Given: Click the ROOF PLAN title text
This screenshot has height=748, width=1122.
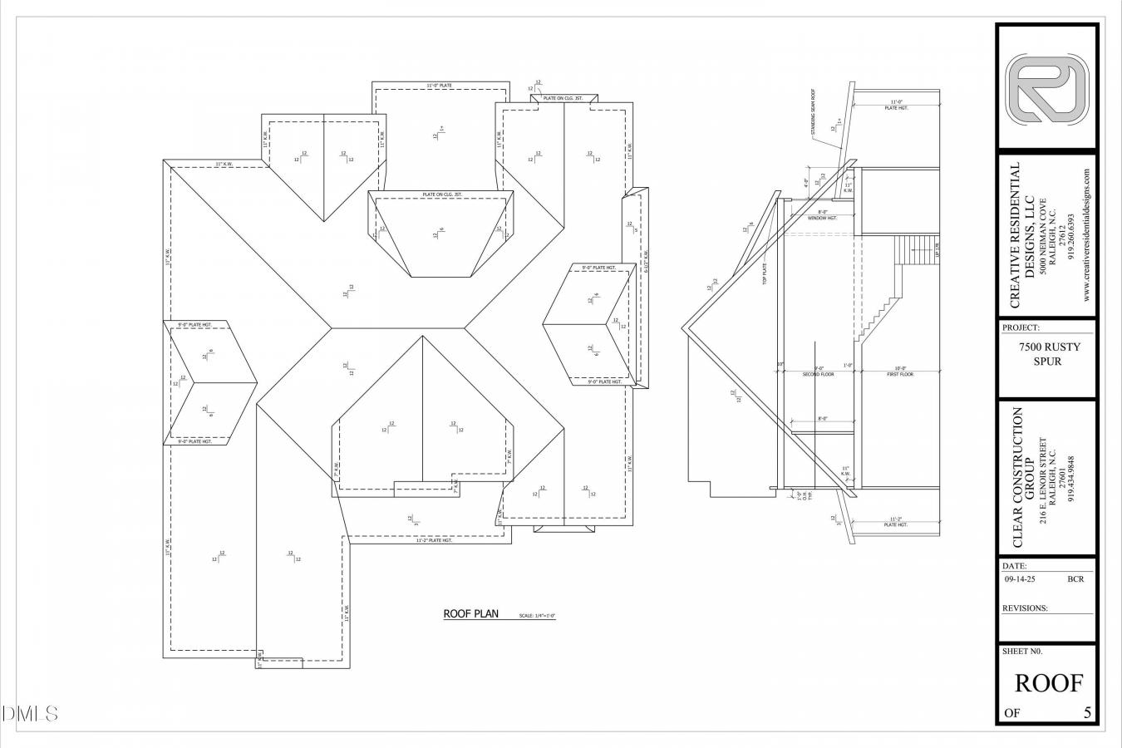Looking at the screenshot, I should (470, 614).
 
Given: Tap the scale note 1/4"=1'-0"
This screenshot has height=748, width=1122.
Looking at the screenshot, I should (537, 616).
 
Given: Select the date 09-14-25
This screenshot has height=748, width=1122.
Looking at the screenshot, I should (1020, 579).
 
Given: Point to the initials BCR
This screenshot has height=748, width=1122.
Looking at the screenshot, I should (1075, 579).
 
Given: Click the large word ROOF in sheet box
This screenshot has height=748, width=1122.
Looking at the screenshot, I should (1049, 683).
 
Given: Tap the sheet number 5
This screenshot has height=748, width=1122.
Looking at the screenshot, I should (1088, 712).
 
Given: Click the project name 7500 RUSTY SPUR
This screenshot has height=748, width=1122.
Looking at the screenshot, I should (1046, 355).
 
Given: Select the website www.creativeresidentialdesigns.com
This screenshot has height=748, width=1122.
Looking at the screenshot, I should (1086, 235).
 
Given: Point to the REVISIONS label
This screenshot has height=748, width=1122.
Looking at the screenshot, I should (1026, 608).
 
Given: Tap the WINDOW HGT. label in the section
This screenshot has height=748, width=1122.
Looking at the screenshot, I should (821, 219).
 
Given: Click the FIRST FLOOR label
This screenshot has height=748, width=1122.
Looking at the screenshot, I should (900, 375).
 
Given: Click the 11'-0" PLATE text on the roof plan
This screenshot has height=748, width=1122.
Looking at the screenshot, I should (439, 86).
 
